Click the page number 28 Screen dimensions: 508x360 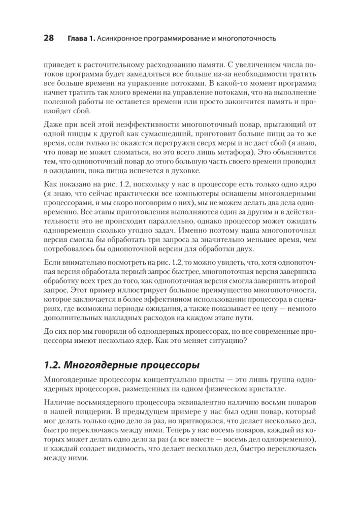(x=50, y=38)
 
